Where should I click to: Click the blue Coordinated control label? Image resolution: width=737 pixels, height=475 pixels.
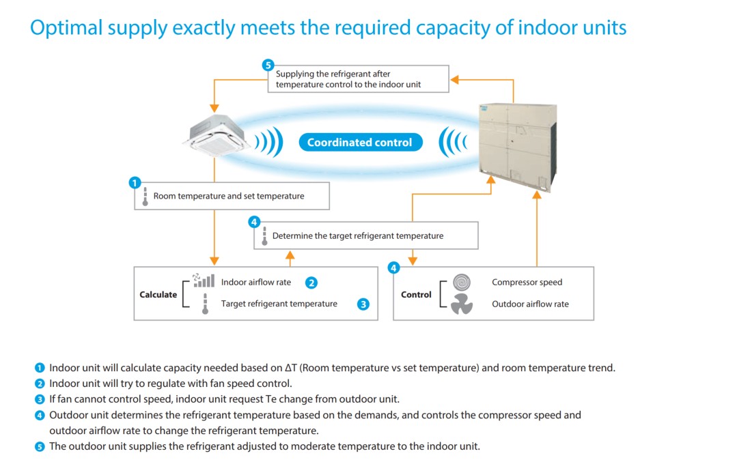(x=361, y=143)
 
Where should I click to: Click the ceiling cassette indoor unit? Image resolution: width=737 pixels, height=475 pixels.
(x=216, y=135)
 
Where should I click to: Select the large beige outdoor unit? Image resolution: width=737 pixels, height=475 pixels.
(x=518, y=145)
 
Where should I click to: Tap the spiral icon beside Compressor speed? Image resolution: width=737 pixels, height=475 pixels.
(x=462, y=283)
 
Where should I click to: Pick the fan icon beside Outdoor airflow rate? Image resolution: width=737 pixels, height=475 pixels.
(x=462, y=304)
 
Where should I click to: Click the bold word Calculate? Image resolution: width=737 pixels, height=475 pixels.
(x=158, y=295)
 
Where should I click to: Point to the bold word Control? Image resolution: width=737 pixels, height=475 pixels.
(x=416, y=295)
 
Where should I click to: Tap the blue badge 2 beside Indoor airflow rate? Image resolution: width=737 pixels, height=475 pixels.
(x=311, y=283)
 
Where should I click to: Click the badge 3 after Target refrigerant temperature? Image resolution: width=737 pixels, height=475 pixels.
(x=363, y=304)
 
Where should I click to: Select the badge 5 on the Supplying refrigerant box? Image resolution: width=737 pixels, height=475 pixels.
(x=268, y=65)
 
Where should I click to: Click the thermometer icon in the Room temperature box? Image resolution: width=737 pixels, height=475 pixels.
(x=145, y=197)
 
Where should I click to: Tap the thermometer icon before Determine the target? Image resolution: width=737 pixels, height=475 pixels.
(x=264, y=236)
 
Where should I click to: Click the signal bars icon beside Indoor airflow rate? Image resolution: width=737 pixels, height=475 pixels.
(x=204, y=280)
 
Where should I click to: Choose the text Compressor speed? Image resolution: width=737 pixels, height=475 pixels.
(x=527, y=282)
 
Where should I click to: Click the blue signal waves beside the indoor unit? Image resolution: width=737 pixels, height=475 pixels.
(x=269, y=141)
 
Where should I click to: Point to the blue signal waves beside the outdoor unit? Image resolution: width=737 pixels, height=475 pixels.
(x=453, y=141)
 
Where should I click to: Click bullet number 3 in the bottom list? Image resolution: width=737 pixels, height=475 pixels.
(x=40, y=399)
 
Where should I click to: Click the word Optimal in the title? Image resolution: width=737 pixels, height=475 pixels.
(x=66, y=28)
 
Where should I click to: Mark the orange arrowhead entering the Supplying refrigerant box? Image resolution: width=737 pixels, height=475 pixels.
(x=454, y=80)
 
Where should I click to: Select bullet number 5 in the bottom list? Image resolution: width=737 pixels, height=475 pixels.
(x=40, y=446)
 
